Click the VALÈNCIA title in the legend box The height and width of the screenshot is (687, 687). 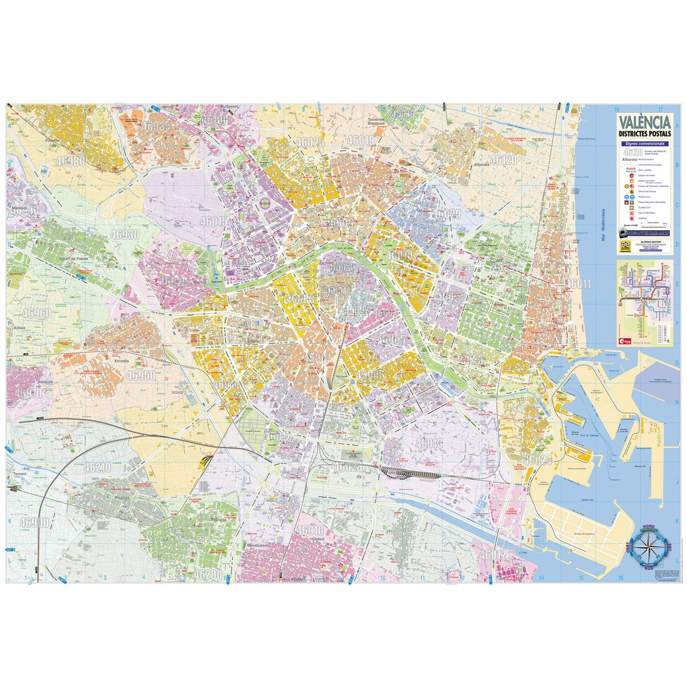(644, 123)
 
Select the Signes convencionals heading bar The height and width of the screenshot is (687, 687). (644, 143)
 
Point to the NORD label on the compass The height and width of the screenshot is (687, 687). (649, 526)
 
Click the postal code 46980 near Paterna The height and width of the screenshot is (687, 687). (70, 161)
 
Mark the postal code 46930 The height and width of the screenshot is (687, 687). (125, 234)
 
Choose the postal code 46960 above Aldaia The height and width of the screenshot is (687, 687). (37, 313)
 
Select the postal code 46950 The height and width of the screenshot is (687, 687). (141, 375)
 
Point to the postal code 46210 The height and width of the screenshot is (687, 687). (97, 467)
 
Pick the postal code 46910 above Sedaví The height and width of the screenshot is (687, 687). (310, 530)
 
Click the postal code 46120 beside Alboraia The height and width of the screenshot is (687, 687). (504, 159)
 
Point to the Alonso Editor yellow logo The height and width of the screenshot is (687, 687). (623, 247)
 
